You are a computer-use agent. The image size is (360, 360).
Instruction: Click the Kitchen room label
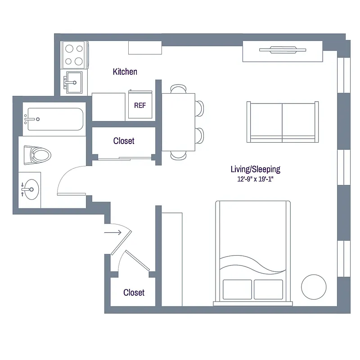click(125, 72)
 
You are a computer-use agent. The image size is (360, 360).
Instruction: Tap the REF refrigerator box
click(140, 105)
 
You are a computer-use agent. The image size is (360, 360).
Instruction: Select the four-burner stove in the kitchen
click(74, 54)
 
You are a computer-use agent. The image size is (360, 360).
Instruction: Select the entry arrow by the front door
click(112, 233)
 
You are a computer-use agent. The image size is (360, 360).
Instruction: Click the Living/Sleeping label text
click(255, 170)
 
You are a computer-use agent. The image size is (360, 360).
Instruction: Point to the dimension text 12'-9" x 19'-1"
click(255, 179)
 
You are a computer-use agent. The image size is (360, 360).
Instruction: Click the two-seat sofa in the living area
click(283, 121)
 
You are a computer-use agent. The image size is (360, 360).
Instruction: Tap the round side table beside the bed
click(314, 286)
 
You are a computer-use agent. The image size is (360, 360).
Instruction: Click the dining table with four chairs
click(178, 121)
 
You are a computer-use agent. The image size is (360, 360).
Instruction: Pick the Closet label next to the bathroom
click(124, 141)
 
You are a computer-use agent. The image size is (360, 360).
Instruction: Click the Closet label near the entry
click(134, 292)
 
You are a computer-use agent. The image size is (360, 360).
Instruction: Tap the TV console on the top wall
click(283, 51)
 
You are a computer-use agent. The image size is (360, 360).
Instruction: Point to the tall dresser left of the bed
click(172, 259)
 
